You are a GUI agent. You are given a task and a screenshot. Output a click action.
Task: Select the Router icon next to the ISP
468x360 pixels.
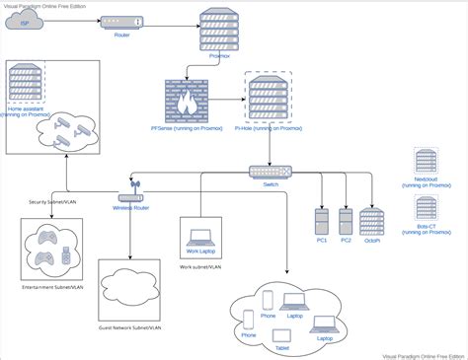tap(121, 21)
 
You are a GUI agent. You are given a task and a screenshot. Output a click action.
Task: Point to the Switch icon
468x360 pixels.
tap(265, 172)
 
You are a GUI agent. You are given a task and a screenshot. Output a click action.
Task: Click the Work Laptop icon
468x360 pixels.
tap(201, 237)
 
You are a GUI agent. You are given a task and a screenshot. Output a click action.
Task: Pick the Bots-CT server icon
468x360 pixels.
tap(428, 208)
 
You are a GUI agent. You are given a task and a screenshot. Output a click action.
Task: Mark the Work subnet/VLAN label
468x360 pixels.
tap(201, 265)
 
